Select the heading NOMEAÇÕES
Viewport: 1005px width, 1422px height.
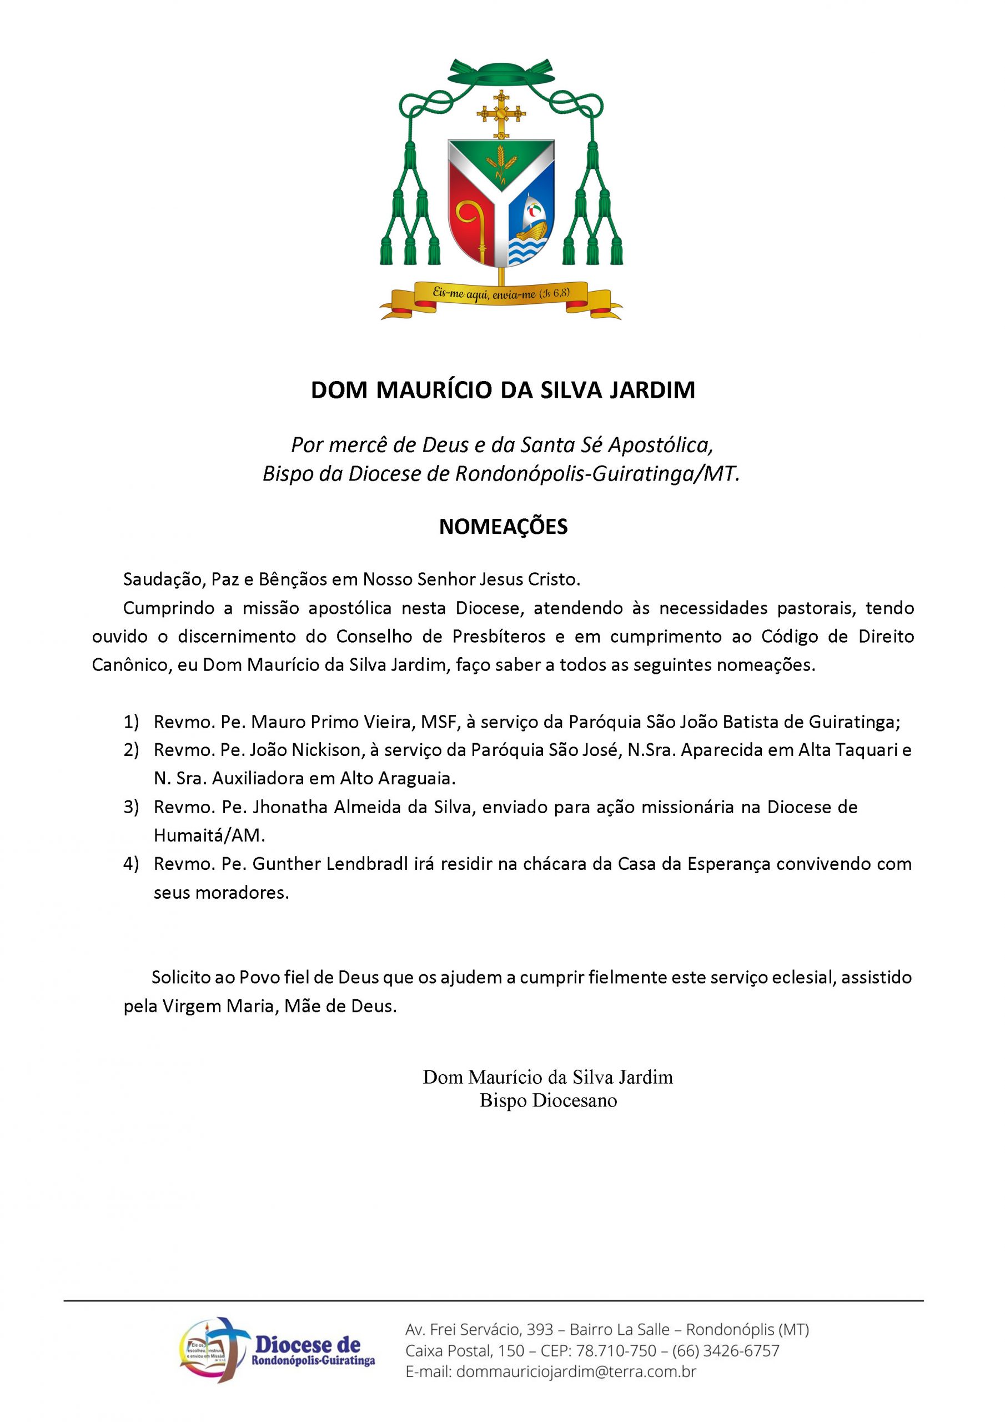pyautogui.click(x=503, y=527)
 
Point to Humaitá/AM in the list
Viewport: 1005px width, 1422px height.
pyautogui.click(x=209, y=835)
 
